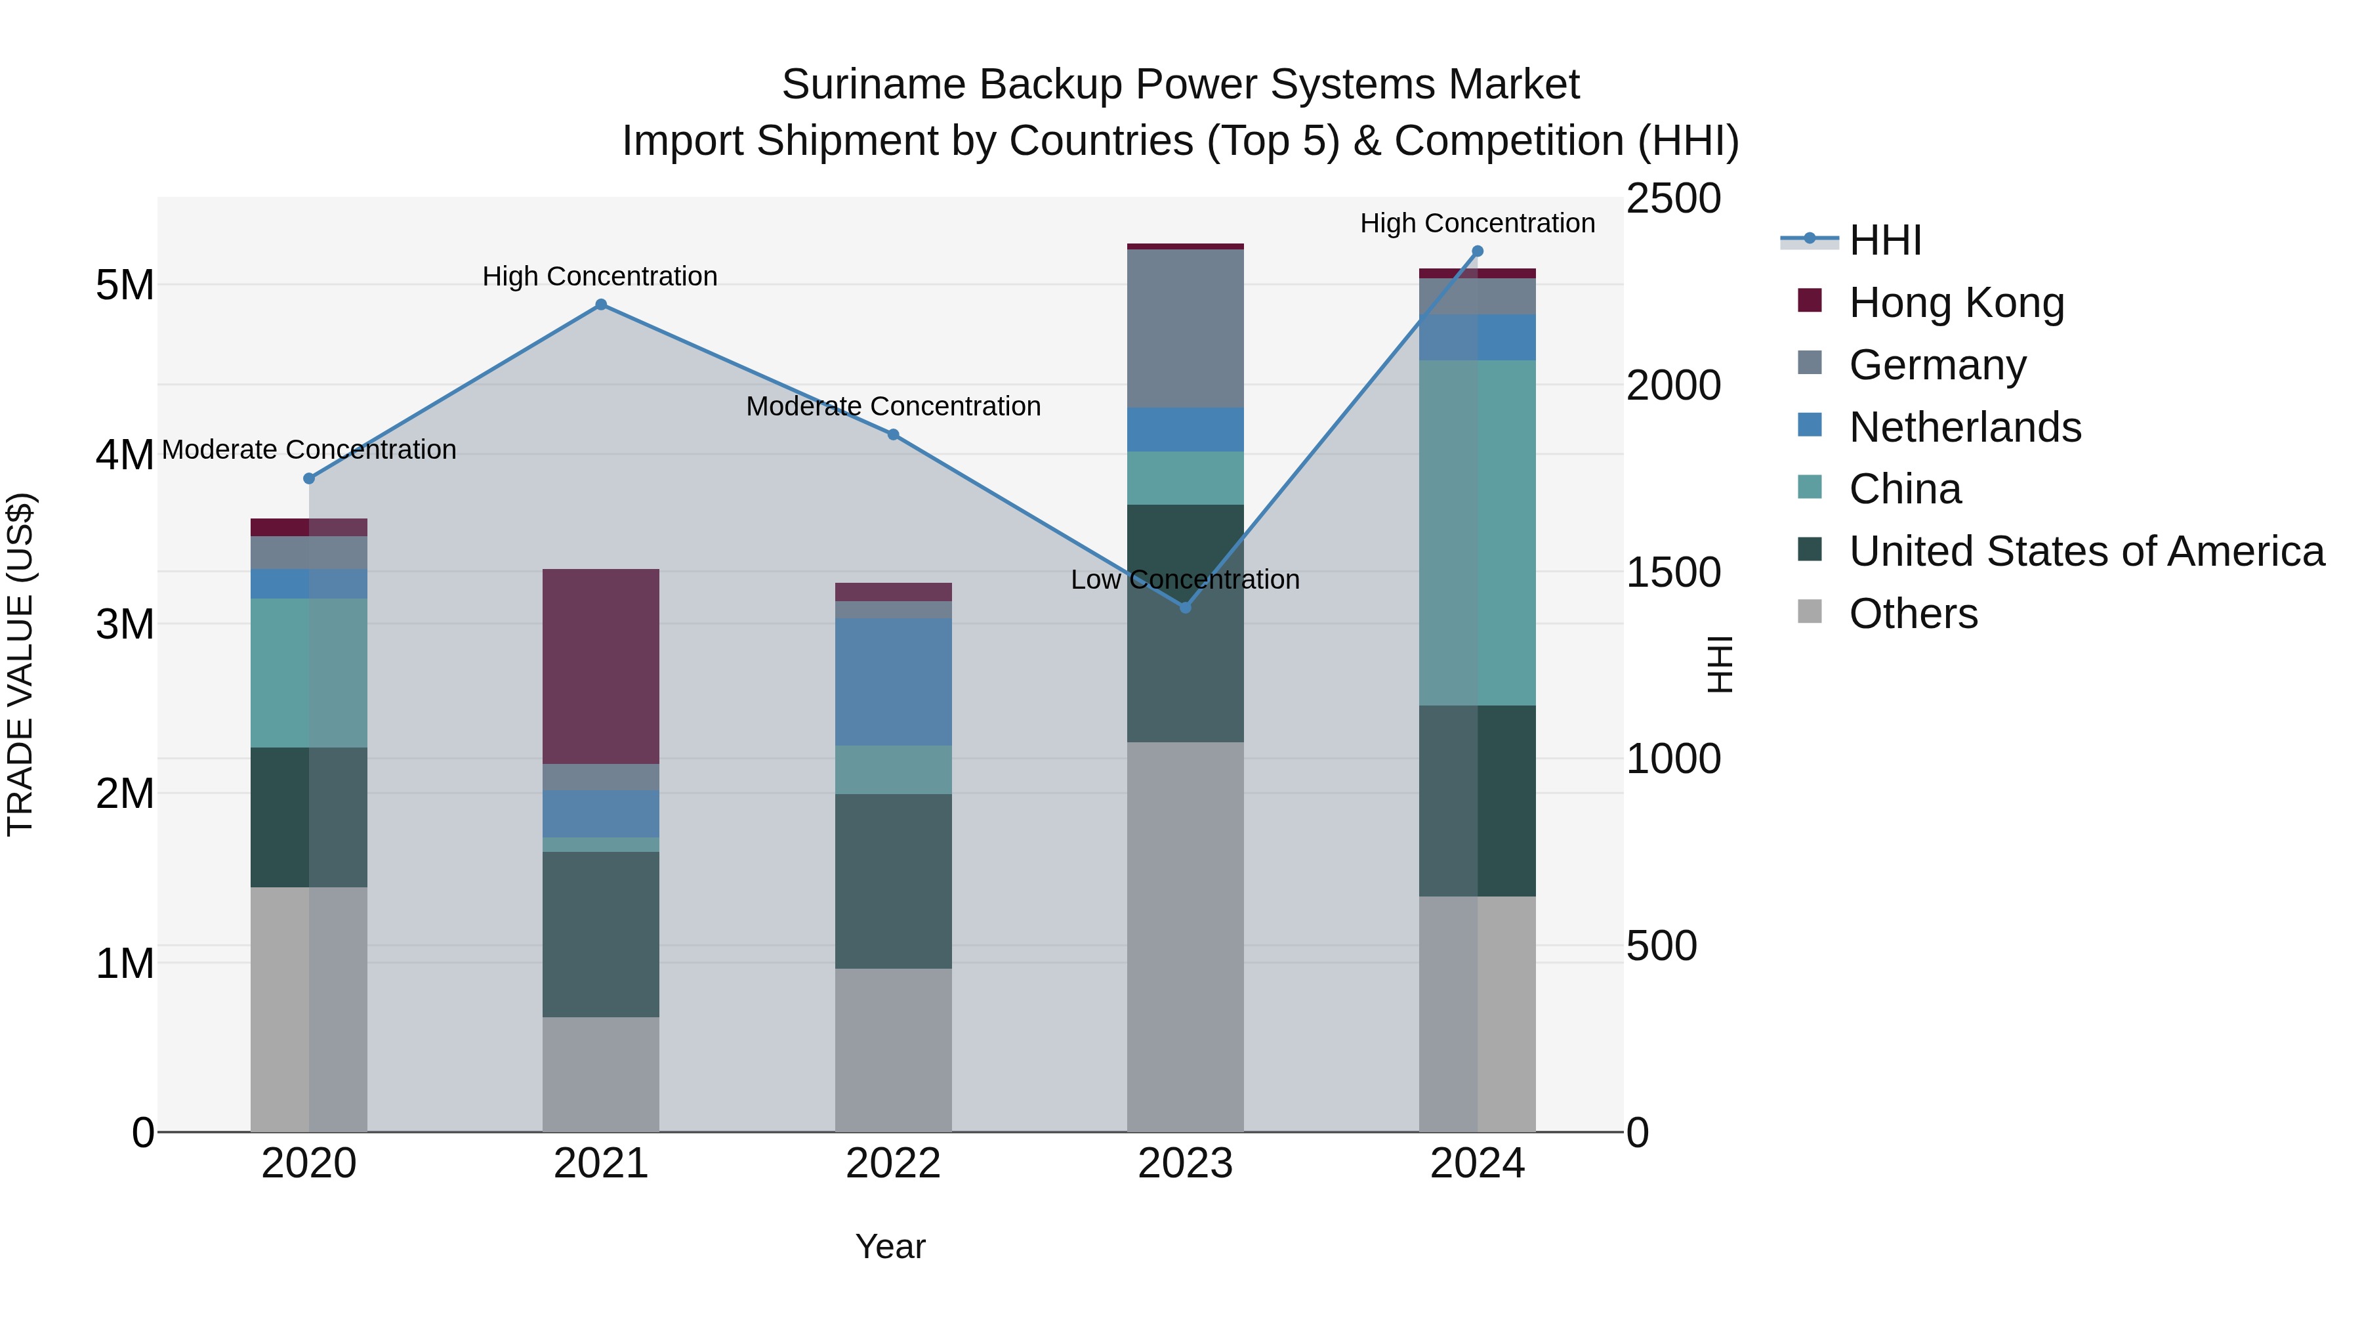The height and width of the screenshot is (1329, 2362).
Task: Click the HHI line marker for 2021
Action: pos(600,305)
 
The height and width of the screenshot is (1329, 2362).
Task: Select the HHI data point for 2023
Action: pos(1185,607)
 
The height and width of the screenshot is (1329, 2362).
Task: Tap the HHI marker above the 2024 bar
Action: pos(1477,251)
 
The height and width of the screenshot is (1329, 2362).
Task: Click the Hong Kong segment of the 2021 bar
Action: pos(600,666)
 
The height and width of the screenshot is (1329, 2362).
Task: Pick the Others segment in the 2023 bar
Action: pos(1185,935)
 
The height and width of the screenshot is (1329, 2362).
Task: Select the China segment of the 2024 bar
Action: pos(1477,532)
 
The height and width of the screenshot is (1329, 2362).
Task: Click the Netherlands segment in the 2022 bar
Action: pos(893,681)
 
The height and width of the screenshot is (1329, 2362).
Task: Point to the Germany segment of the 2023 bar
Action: pos(1185,328)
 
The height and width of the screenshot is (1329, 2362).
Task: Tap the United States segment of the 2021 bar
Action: pos(600,934)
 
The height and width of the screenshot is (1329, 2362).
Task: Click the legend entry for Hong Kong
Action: pos(1956,303)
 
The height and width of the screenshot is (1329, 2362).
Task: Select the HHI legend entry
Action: pos(1884,240)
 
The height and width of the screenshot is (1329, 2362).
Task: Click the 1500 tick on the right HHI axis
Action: pos(1672,572)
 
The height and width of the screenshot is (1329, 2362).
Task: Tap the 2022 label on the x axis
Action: pos(893,1164)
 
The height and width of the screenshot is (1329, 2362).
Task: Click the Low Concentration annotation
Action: pos(1185,580)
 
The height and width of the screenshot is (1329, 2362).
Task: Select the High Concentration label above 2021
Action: pos(600,276)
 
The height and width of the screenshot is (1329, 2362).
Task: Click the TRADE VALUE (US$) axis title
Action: pos(20,664)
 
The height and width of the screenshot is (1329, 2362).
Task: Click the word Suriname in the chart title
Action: pos(872,85)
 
